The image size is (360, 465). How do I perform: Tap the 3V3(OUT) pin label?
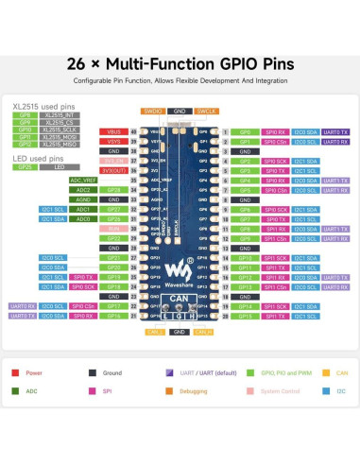pyautogui.click(x=113, y=170)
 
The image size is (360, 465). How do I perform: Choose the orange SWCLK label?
pyautogui.click(x=205, y=111)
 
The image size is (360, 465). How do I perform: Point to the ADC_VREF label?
pyautogui.click(x=84, y=180)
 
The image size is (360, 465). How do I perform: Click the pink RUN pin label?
pyautogui.click(x=114, y=228)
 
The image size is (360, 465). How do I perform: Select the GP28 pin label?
pyautogui.click(x=114, y=189)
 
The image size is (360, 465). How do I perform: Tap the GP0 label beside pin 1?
pyautogui.click(x=244, y=131)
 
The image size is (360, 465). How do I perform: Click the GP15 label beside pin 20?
pyautogui.click(x=244, y=315)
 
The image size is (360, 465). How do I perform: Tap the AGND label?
pyautogui.click(x=85, y=199)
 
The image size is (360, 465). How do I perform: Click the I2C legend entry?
pyautogui.click(x=339, y=389)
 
